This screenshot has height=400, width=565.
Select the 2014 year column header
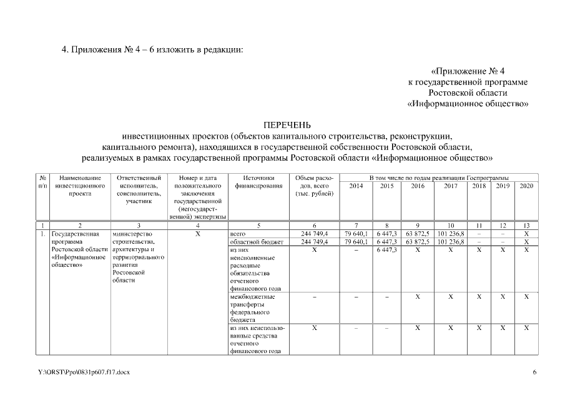(x=356, y=186)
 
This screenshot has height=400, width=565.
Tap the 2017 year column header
(x=451, y=186)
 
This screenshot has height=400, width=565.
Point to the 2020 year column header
(x=526, y=186)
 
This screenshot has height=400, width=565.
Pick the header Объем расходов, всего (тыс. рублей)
(x=314, y=186)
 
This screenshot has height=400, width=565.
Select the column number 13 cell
(x=526, y=225)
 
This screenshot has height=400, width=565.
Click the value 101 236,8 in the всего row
(x=451, y=233)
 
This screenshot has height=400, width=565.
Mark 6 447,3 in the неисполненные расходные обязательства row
(x=387, y=250)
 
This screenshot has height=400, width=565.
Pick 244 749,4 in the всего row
(x=314, y=233)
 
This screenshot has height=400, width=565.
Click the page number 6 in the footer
(x=534, y=372)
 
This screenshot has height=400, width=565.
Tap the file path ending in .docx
(x=83, y=372)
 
